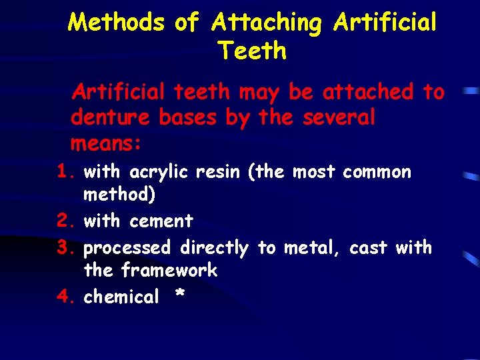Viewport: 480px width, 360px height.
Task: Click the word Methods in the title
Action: [116, 23]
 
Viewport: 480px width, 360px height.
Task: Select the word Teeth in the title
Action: [252, 51]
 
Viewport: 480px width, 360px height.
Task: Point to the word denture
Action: [111, 117]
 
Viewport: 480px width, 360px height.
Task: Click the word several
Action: [339, 117]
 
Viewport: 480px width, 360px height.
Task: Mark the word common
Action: [377, 172]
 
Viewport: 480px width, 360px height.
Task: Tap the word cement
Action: [161, 221]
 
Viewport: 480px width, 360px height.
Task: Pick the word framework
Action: [169, 270]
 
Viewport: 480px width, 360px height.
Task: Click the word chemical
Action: [121, 297]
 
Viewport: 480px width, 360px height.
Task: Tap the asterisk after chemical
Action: [178, 295]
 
